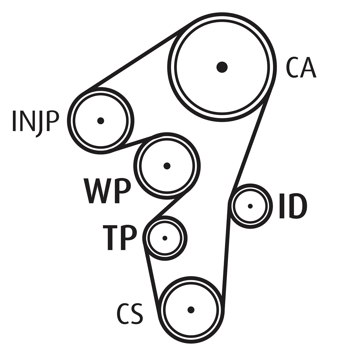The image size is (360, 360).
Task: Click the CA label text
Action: point(301,67)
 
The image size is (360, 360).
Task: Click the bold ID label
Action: point(293,206)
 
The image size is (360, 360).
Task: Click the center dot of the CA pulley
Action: point(222,67)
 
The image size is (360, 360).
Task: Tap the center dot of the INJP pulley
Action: point(101,121)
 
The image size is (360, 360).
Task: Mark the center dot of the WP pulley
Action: point(167,166)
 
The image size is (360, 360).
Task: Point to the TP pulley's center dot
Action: point(165,238)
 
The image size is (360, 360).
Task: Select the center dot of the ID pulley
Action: point(250,206)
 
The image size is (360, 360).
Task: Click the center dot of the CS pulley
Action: point(191,310)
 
